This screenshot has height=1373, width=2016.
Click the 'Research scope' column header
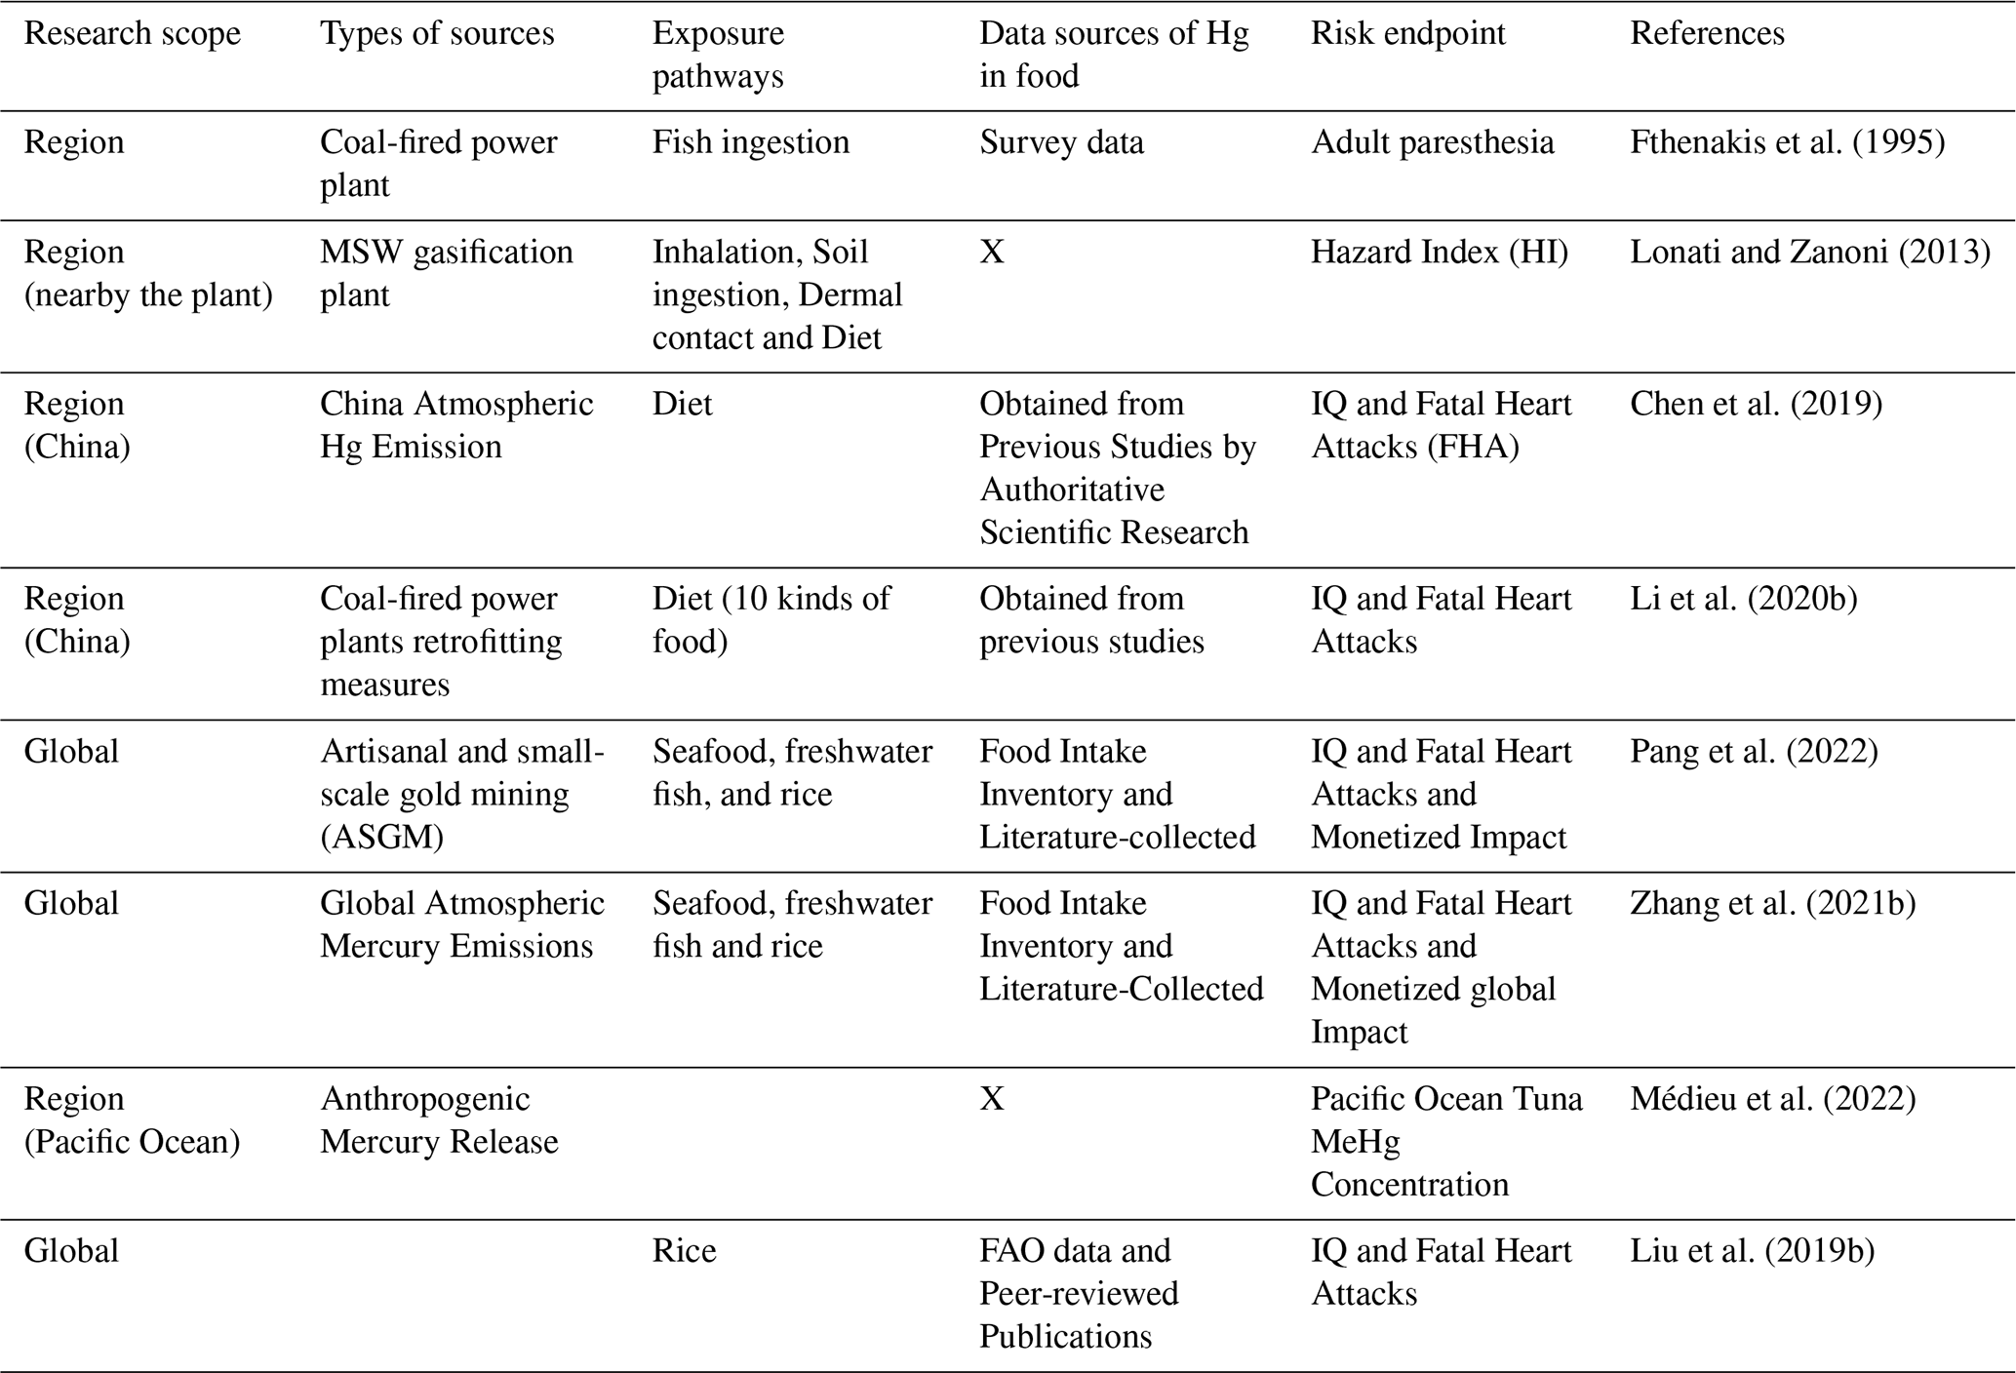(x=132, y=34)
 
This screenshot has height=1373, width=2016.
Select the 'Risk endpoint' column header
(x=1407, y=34)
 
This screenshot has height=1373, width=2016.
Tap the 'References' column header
(x=1707, y=34)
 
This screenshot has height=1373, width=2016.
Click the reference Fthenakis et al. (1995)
(x=1787, y=142)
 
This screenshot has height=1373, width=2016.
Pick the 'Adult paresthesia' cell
(x=1432, y=142)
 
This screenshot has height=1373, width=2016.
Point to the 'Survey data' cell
(x=1061, y=142)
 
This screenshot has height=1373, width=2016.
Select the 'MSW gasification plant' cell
(x=446, y=273)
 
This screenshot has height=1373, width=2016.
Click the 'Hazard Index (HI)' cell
(x=1439, y=253)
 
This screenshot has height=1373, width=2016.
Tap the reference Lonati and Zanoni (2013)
(x=1809, y=253)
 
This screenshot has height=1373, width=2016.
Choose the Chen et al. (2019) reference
(x=1756, y=404)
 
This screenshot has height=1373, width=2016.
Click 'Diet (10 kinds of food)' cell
(x=771, y=619)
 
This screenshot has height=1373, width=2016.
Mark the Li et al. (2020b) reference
(x=1743, y=599)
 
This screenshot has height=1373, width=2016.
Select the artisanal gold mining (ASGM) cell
(x=461, y=794)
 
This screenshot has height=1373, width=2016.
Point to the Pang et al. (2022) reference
(x=1754, y=752)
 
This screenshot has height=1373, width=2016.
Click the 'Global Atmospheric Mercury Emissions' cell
(x=461, y=924)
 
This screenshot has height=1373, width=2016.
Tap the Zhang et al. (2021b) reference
(x=1772, y=904)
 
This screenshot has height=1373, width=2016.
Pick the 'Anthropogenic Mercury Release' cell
(x=439, y=1119)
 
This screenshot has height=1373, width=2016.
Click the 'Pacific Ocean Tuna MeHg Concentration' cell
(x=1445, y=1141)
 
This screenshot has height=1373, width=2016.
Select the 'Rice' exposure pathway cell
(x=684, y=1251)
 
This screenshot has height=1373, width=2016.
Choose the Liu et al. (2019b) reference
(x=1752, y=1251)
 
